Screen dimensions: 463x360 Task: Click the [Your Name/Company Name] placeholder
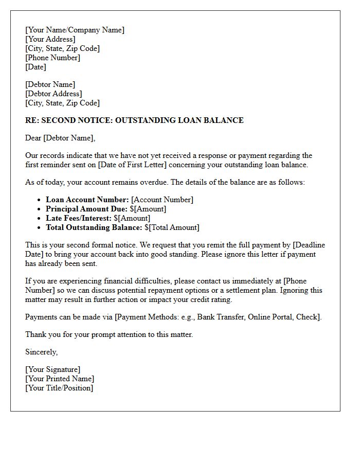pyautogui.click(x=75, y=30)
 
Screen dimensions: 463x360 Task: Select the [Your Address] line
pyautogui.click(x=50, y=39)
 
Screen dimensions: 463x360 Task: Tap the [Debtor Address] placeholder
pyautogui.click(x=53, y=94)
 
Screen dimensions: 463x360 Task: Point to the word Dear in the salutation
pyautogui.click(x=33, y=138)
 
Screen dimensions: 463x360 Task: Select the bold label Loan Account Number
pyautogui.click(x=87, y=200)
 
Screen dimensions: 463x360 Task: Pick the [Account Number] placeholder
pyautogui.click(x=163, y=200)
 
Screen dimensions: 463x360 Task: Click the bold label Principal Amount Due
pyautogui.click(x=86, y=209)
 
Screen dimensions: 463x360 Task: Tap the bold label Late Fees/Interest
pyautogui.click(x=79, y=218)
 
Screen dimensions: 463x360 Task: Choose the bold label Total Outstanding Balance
pyautogui.click(x=94, y=227)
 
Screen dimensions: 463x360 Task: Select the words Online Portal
pyautogui.click(x=269, y=317)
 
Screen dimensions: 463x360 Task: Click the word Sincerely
pyautogui.click(x=41, y=352)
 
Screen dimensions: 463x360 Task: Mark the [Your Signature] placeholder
pyautogui.click(x=53, y=369)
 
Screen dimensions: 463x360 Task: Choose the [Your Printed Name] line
pyautogui.click(x=60, y=379)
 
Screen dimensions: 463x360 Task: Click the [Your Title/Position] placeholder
pyautogui.click(x=59, y=388)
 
